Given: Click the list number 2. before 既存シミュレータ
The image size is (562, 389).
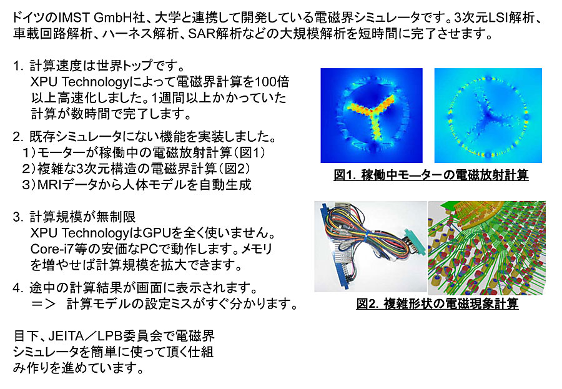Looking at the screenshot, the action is [18, 137].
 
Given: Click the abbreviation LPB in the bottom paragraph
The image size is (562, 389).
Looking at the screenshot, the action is [111, 335].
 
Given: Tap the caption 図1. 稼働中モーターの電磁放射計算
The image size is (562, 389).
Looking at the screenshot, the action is [431, 175].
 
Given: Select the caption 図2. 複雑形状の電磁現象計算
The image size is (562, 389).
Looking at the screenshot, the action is [437, 303].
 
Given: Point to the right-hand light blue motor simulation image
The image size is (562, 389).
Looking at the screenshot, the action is [488, 116].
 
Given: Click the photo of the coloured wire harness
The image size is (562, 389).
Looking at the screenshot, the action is [370, 246].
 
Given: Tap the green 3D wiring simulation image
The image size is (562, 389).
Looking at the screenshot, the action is [486, 248].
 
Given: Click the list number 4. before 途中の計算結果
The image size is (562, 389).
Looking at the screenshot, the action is [18, 288].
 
